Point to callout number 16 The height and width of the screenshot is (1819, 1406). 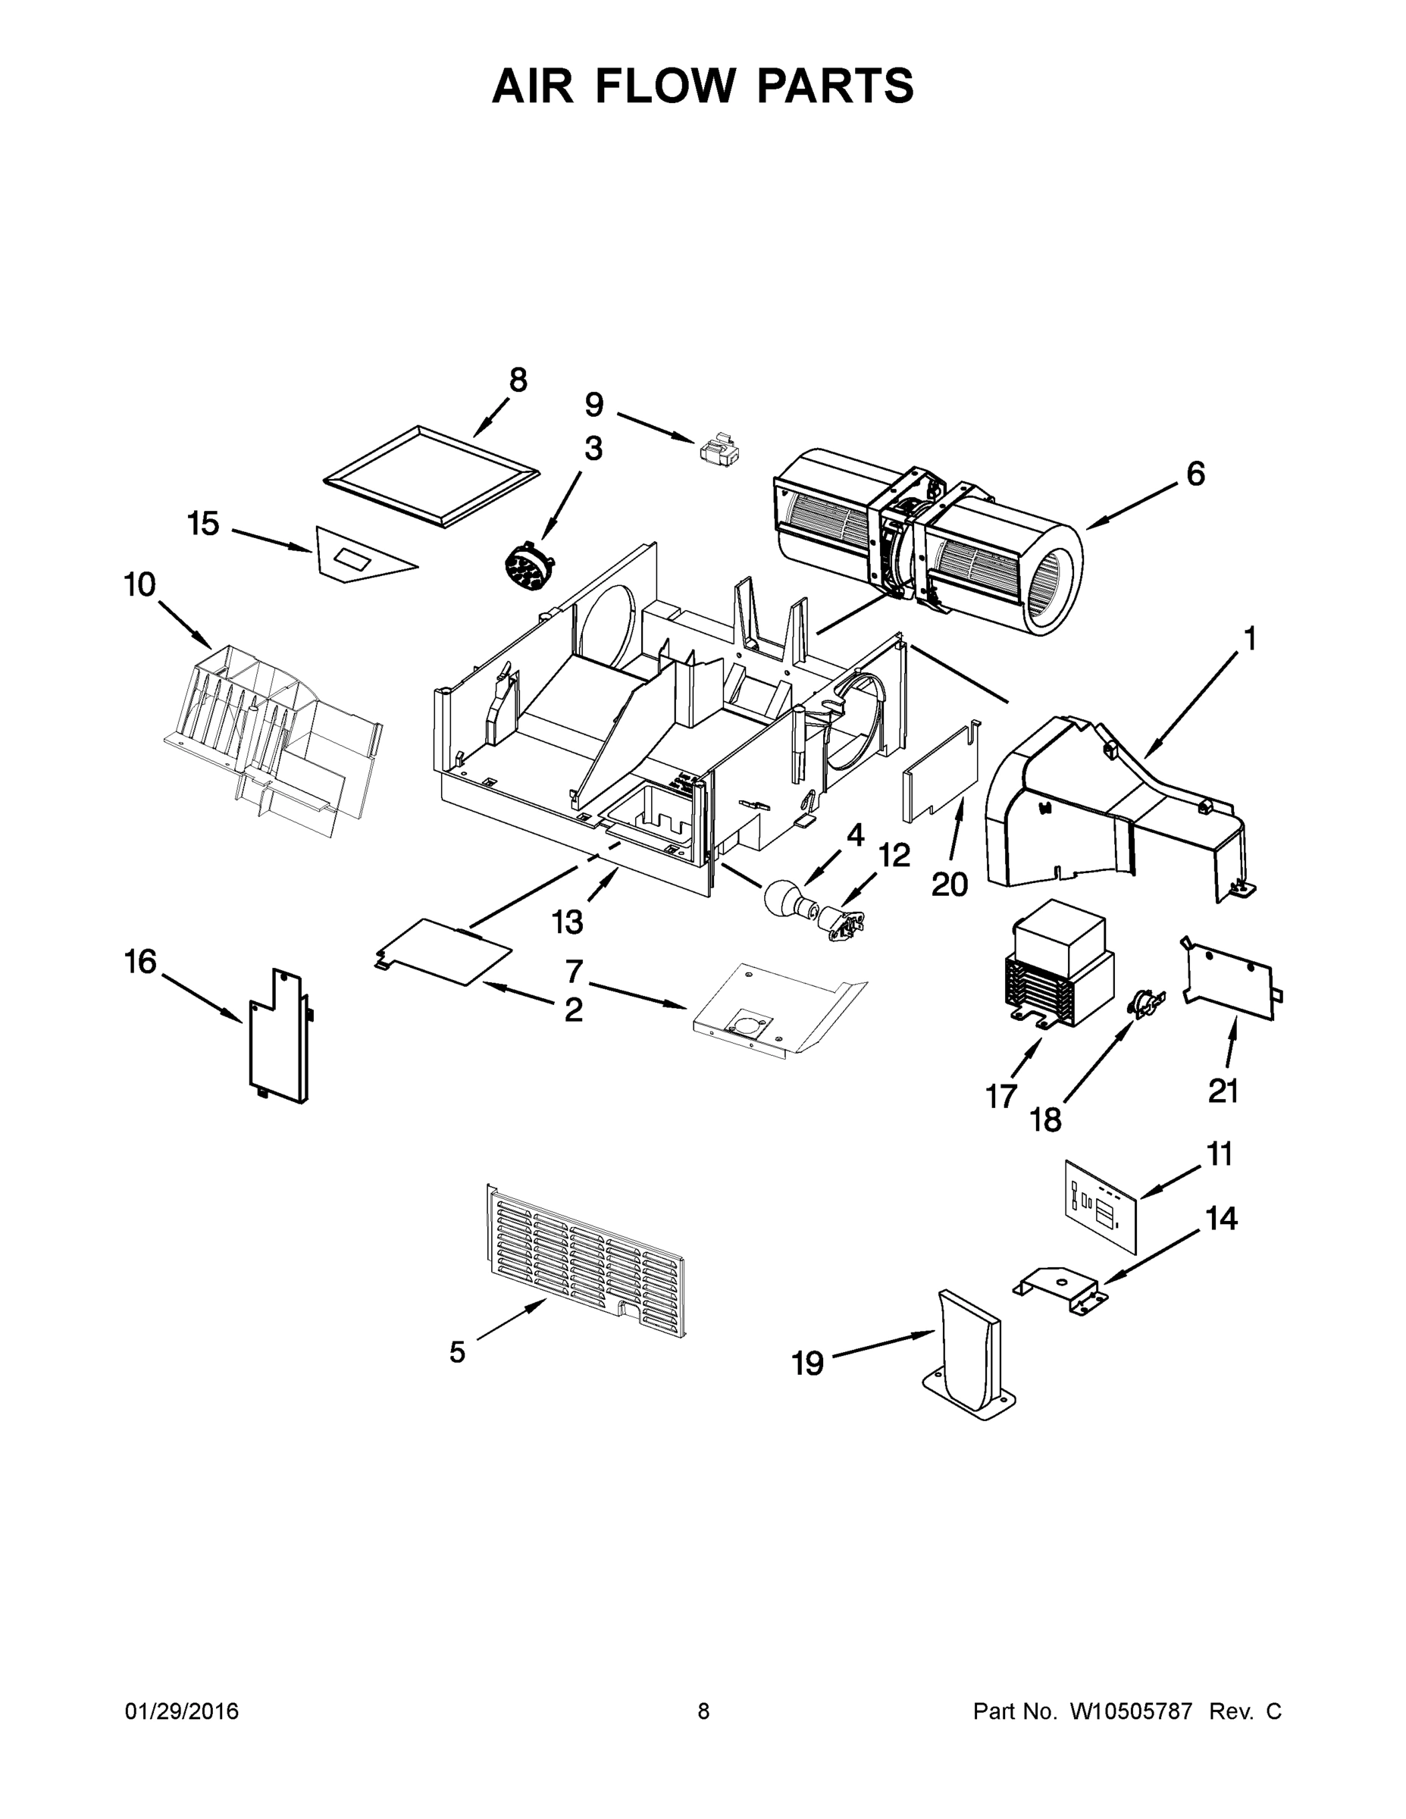click(140, 962)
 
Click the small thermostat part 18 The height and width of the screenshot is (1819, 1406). click(1145, 1001)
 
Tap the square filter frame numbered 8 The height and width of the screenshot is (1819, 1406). click(431, 478)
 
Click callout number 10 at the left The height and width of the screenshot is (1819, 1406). click(140, 586)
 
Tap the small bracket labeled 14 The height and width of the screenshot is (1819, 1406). click(1060, 1290)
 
